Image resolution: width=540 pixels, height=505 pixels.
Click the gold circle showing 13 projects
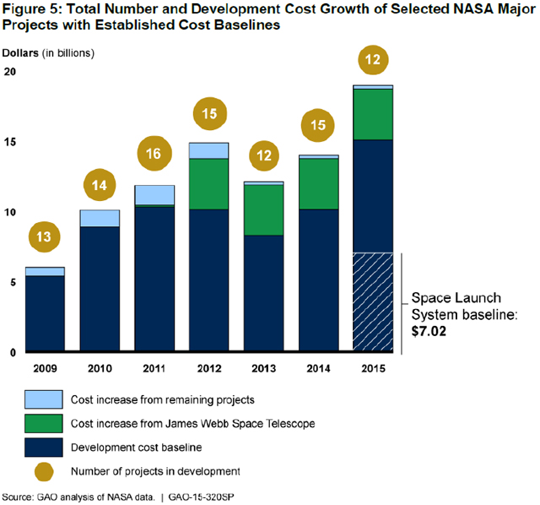coord(45,237)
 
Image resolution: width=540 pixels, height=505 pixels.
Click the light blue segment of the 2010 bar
coord(100,218)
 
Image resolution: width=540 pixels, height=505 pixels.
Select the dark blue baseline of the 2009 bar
coord(45,313)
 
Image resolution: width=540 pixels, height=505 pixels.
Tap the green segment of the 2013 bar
coord(263,209)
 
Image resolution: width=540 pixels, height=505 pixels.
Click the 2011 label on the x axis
coord(154,368)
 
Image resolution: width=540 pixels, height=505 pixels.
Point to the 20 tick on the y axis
coord(10,73)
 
